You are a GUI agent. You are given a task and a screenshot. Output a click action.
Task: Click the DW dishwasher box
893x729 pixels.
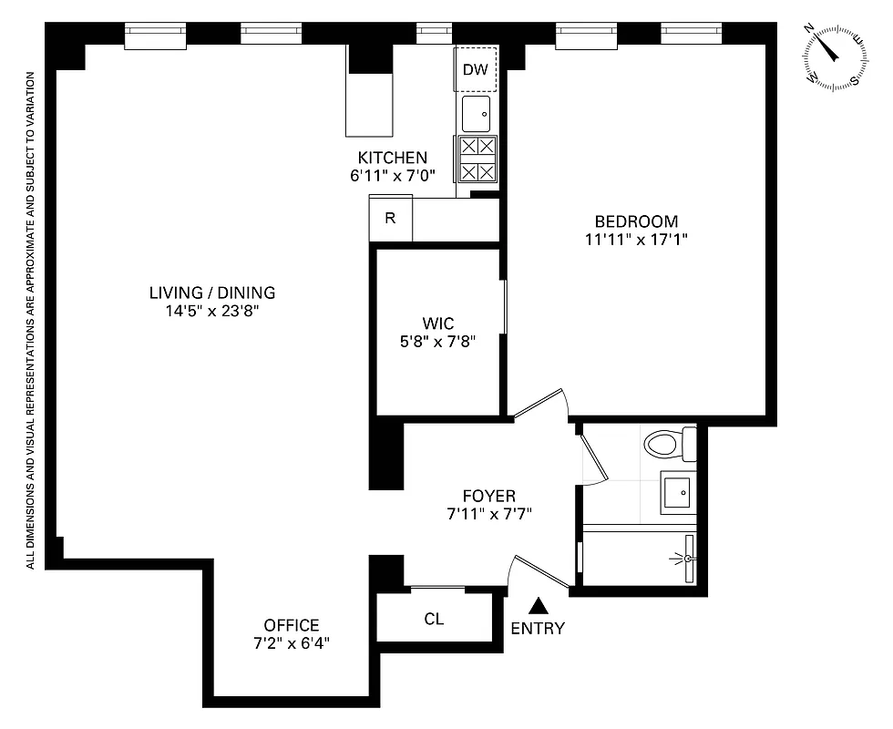tap(476, 70)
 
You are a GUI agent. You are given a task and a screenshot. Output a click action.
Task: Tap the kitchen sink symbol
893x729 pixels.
tap(476, 115)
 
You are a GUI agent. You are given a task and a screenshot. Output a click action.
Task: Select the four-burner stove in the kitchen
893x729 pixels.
tap(477, 159)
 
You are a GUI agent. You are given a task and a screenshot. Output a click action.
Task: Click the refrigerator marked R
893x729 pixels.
tap(390, 219)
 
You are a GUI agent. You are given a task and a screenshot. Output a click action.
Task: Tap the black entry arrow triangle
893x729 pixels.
tap(539, 605)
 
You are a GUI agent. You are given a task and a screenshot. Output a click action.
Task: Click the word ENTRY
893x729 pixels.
tap(538, 629)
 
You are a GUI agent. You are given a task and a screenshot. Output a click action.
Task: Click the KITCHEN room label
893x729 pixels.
tap(392, 157)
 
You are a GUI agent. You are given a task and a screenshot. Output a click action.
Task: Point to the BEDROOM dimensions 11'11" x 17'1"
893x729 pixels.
tap(636, 240)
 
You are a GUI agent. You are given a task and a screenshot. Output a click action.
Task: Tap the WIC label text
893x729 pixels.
tap(437, 323)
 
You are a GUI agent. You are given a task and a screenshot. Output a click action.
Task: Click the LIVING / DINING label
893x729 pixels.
tap(212, 293)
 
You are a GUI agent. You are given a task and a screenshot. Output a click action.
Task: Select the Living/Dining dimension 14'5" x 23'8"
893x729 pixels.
tap(212, 311)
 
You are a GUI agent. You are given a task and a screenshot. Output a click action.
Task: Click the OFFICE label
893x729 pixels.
tap(292, 625)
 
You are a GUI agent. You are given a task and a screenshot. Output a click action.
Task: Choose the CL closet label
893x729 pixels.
tap(434, 620)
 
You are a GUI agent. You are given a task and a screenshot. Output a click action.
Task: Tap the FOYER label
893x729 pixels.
tap(488, 496)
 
